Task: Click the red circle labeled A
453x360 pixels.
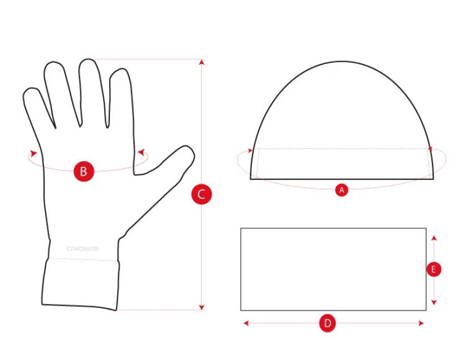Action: tap(341, 190)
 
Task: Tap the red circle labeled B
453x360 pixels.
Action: tap(84, 171)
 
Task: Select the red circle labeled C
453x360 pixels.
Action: tap(202, 194)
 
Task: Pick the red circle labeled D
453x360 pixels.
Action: tap(327, 323)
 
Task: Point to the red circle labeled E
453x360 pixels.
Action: tap(434, 269)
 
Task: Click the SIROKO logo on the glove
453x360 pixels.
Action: tap(83, 248)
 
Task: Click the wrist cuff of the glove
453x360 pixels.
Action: tap(80, 283)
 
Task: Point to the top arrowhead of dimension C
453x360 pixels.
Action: tap(202, 62)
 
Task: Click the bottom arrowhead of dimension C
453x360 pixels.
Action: tap(202, 307)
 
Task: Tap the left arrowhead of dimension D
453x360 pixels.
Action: tap(246, 323)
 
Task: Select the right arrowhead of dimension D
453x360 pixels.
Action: tap(421, 323)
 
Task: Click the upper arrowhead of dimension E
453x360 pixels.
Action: tap(434, 238)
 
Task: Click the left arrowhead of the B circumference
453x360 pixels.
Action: tap(33, 153)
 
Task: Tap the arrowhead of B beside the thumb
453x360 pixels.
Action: tap(141, 152)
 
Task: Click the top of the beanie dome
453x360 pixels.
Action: tap(342, 61)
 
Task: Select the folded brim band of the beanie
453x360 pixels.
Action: tap(342, 164)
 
